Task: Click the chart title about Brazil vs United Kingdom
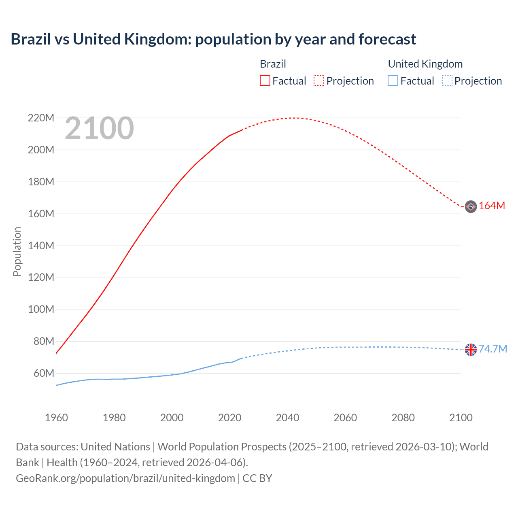tap(213, 39)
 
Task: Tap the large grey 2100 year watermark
tap(99, 128)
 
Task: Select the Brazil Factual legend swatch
tap(265, 81)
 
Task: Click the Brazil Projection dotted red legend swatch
tap(319, 81)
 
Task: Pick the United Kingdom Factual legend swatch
tap(393, 81)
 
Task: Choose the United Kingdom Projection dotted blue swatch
tap(447, 81)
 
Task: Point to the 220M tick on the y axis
tap(41, 118)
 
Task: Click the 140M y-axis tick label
tap(41, 246)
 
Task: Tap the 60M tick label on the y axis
tap(43, 373)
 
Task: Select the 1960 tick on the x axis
tap(56, 418)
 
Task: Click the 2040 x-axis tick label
tap(287, 418)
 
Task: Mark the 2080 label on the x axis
tap(403, 418)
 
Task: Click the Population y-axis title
tap(17, 251)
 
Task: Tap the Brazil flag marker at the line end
tap(471, 206)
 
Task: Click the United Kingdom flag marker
tap(471, 350)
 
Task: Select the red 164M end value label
tap(492, 206)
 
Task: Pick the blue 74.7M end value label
tap(493, 349)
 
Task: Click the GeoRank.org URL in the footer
tap(125, 478)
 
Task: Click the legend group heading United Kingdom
tap(425, 64)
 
